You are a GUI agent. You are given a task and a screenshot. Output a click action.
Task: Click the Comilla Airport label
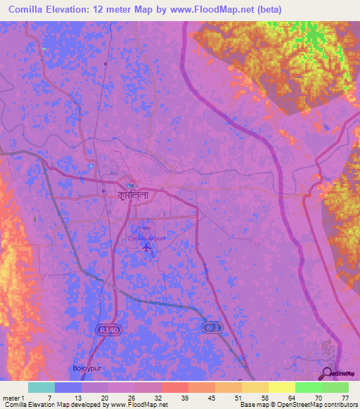click(x=146, y=238)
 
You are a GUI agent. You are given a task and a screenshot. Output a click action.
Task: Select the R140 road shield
click(x=105, y=328)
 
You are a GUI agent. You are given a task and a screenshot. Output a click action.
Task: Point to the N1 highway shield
click(x=211, y=327)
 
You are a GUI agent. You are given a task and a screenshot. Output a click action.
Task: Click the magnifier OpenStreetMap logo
click(x=327, y=375)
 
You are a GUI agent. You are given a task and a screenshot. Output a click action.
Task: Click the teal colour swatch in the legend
click(x=41, y=387)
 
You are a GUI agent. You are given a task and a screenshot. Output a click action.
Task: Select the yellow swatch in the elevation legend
click(x=282, y=387)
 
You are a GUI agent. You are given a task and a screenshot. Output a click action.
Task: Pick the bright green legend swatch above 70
click(x=309, y=387)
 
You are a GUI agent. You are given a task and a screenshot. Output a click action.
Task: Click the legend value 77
click(x=345, y=398)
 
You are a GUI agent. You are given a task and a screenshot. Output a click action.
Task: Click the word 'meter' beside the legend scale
click(x=12, y=398)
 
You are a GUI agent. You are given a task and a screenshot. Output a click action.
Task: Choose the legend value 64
click(x=290, y=398)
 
